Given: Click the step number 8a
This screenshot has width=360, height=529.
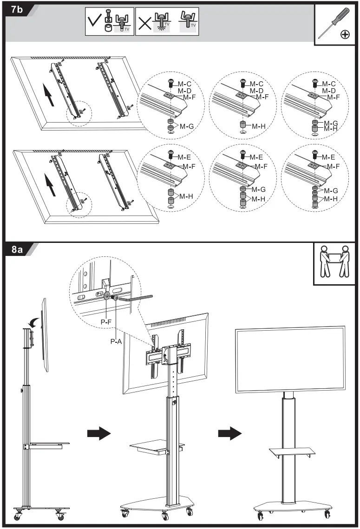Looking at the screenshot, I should [x=18, y=249].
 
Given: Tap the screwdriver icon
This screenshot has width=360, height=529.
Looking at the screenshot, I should [x=334, y=24].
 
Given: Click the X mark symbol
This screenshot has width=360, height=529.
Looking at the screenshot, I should [x=145, y=22].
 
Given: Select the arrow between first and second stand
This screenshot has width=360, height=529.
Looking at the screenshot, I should [x=99, y=433].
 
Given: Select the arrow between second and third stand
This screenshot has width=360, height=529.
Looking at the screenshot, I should [x=230, y=433].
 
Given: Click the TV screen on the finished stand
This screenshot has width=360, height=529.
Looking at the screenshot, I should [x=290, y=359].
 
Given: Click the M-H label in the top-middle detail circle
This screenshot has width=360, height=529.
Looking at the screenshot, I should [x=259, y=126].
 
